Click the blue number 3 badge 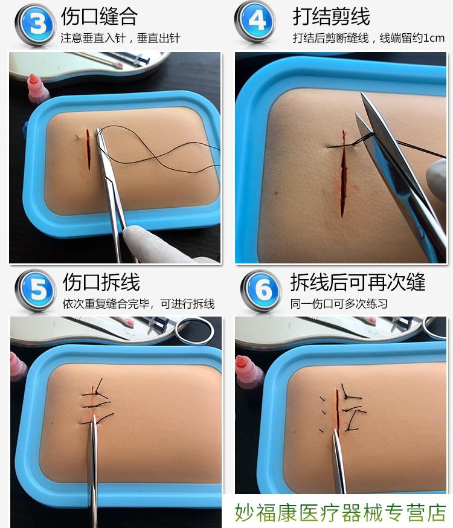tap(35, 24)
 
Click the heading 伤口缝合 tap(99, 16)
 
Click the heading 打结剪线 tap(331, 16)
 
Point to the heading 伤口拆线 tap(101, 282)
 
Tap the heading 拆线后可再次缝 tap(358, 282)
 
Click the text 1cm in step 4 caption tap(433, 38)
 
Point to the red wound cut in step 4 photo tap(344, 172)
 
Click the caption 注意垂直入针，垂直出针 tap(120, 38)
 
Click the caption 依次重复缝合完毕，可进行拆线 tap(138, 304)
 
